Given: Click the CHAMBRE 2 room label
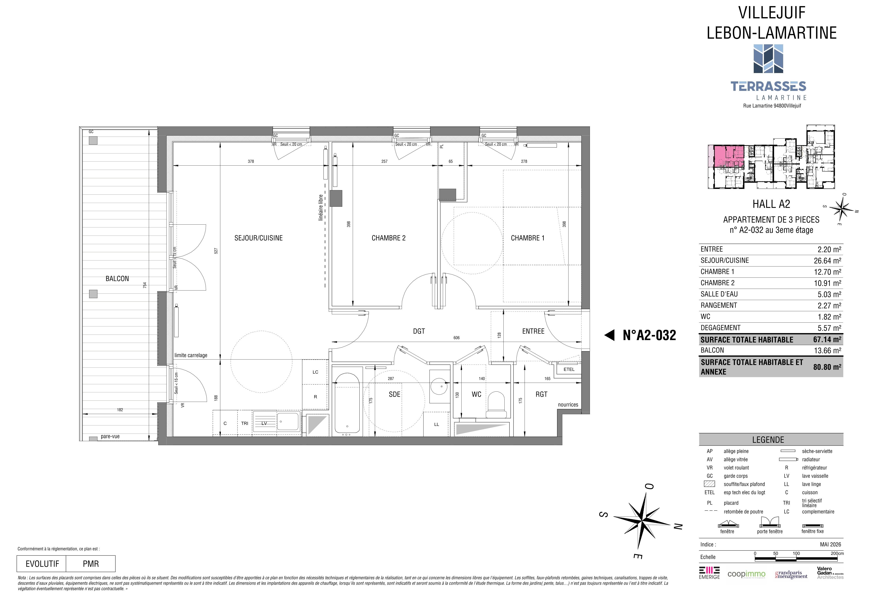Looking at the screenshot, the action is [x=389, y=238].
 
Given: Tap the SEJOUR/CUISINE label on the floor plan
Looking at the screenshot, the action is [x=259, y=238].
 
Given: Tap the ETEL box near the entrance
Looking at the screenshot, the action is [x=569, y=369].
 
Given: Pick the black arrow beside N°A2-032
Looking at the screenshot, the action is [x=610, y=335].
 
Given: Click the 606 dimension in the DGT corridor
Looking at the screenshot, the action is [x=457, y=338].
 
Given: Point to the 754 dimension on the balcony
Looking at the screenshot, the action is [x=145, y=285].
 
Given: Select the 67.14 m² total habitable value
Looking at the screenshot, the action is [x=827, y=340].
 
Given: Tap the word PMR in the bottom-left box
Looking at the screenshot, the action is [x=91, y=564].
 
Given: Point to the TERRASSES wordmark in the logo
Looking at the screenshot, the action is [x=769, y=87].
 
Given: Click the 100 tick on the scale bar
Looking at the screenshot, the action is [x=796, y=553].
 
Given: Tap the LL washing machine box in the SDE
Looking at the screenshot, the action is [x=436, y=424].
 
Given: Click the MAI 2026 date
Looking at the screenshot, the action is [x=830, y=544].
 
